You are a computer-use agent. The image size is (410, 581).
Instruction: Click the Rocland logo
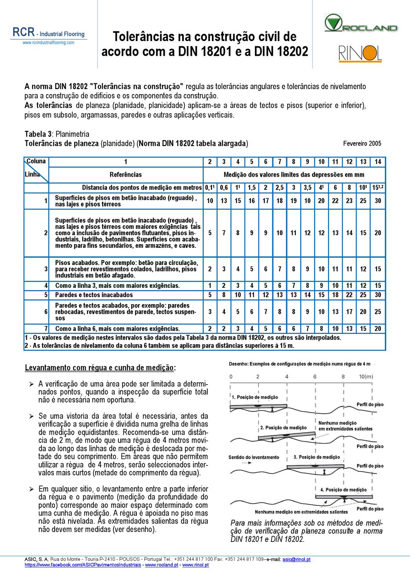360,23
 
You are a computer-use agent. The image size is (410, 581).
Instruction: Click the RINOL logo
360,53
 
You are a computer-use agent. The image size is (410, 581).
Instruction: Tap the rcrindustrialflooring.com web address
48,43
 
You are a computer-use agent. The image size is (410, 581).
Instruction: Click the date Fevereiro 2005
362,143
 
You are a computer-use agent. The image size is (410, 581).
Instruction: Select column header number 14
378,162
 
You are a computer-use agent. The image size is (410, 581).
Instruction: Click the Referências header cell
126,175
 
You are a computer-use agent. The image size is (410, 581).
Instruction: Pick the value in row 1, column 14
378,201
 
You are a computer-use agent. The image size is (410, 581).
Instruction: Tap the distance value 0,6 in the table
224,187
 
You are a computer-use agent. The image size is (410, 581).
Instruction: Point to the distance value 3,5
307,187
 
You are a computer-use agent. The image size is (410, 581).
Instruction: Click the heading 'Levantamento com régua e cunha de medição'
100,368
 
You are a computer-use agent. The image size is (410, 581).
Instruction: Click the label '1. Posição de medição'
255,397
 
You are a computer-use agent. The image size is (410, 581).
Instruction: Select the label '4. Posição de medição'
343,490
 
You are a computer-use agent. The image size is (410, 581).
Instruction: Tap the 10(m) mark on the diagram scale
366,376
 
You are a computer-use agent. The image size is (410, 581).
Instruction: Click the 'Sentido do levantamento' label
253,457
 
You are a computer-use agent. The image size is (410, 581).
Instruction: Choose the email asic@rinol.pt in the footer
296,559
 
